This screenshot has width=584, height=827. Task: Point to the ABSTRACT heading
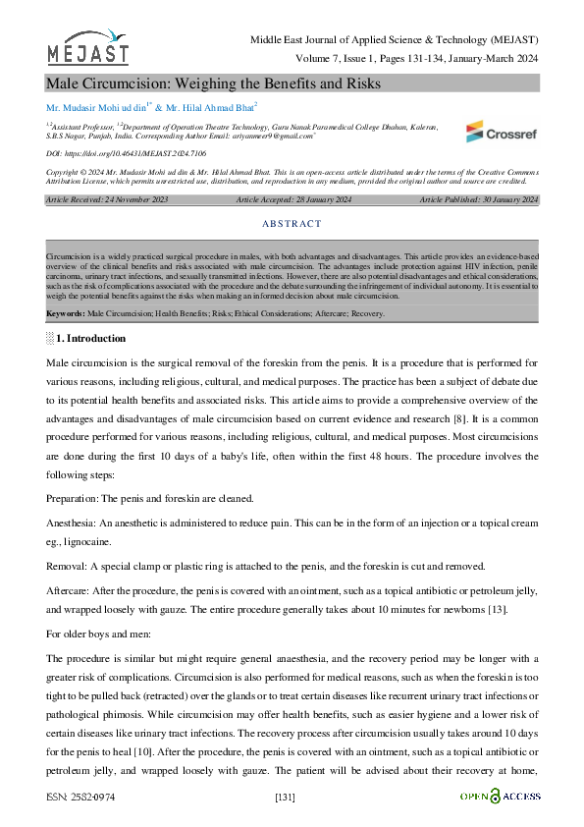click(292, 224)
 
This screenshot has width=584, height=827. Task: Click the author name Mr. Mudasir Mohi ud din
click(94, 106)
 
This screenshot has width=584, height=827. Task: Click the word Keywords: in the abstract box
click(66, 313)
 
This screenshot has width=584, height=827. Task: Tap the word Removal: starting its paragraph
click(66, 567)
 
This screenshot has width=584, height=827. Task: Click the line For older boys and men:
click(100, 634)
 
